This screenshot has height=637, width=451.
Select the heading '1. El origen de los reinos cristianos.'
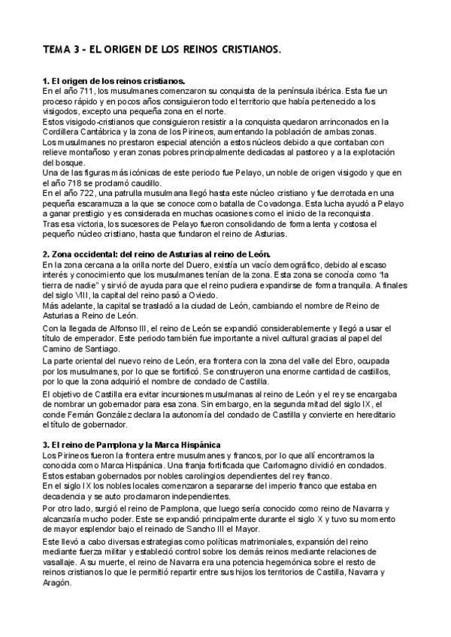tap(114, 80)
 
